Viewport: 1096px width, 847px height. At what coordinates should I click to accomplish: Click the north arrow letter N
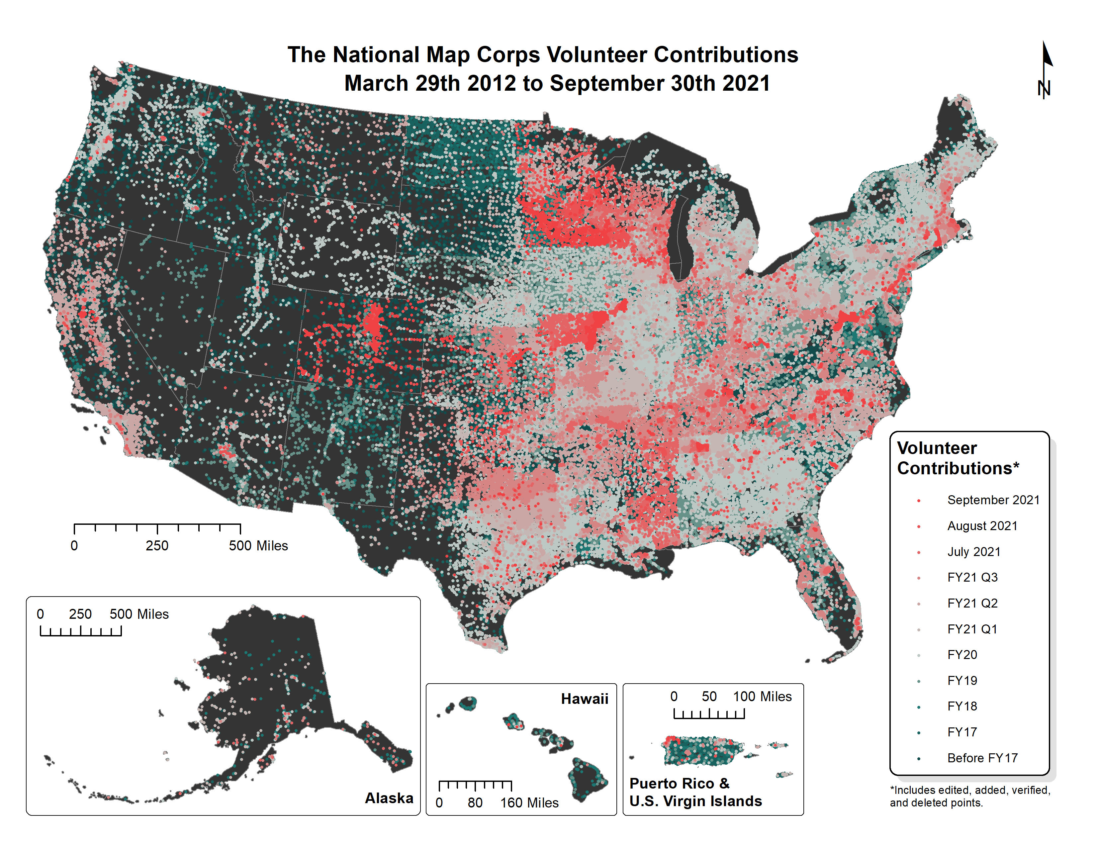click(1044, 89)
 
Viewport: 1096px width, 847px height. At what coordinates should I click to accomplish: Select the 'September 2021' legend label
click(993, 500)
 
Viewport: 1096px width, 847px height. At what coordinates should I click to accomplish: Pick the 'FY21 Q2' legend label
click(972, 603)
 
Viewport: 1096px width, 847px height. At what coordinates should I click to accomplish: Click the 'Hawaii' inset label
click(584, 699)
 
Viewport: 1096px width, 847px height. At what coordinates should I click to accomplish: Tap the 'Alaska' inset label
click(389, 798)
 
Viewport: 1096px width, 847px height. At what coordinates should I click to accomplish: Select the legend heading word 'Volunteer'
click(937, 448)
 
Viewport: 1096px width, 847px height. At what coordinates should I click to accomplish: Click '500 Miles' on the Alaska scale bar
click(139, 614)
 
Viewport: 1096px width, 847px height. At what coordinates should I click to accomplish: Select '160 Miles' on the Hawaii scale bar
click(529, 803)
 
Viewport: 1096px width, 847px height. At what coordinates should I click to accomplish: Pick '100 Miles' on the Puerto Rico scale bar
click(762, 697)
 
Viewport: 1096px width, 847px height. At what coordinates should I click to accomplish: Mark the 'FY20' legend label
click(962, 655)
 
